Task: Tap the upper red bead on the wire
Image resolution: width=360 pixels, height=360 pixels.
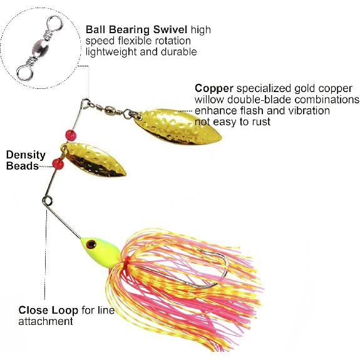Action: (x=69, y=135)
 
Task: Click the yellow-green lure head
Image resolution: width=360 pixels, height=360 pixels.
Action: (x=100, y=250)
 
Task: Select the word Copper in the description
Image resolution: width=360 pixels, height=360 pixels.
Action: (x=214, y=88)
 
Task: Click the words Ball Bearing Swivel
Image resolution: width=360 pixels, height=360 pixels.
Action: (x=137, y=29)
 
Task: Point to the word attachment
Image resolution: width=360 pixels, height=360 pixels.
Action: (x=46, y=321)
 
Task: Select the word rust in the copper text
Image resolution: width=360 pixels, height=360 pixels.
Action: (x=260, y=122)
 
